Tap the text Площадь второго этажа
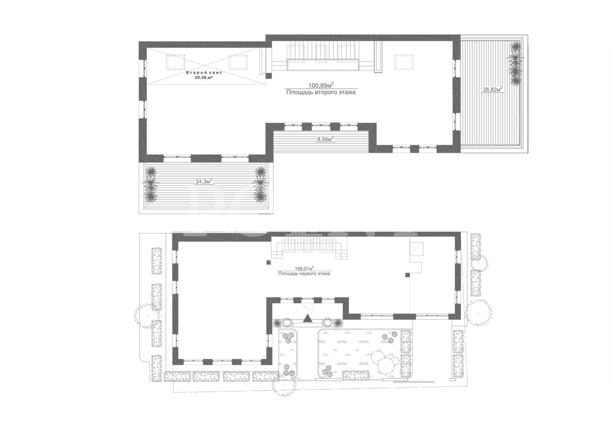(321, 92)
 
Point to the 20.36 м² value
(203, 77)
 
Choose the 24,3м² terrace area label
(204, 181)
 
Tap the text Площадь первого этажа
(304, 274)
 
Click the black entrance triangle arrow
(307, 318)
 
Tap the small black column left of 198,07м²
(269, 262)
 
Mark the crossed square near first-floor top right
(416, 249)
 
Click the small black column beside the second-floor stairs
(269, 76)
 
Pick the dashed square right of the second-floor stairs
(404, 62)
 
